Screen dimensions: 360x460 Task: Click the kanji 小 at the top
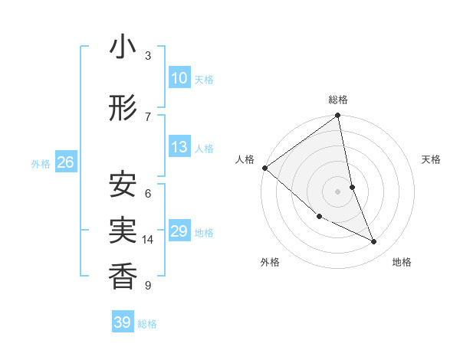[x=123, y=48]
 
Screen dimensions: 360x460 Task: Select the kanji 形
[x=123, y=109]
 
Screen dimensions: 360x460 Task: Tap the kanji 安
[x=123, y=185]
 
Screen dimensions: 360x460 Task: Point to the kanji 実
[x=123, y=231]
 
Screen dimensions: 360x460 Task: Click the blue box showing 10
[x=179, y=78]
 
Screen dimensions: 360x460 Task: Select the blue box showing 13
[x=179, y=147]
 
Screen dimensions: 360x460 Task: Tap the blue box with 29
[x=179, y=231]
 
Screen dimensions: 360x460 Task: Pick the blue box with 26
[x=65, y=162]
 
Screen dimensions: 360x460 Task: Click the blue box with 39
[x=123, y=322]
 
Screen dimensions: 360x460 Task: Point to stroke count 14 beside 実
[x=148, y=240]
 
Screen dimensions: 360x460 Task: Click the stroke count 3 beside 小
[x=148, y=56]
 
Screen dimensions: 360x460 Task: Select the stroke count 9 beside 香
[x=148, y=286]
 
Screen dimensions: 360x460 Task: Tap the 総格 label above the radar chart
[x=338, y=100]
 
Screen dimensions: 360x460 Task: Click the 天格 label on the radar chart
[x=431, y=159]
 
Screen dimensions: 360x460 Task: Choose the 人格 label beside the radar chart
[x=245, y=159]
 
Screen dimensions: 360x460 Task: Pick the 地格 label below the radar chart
[x=402, y=263]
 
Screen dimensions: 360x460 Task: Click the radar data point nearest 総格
[x=338, y=116]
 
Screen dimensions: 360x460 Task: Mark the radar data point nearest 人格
[x=264, y=168]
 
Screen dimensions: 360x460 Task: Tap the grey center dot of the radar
[x=338, y=191]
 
